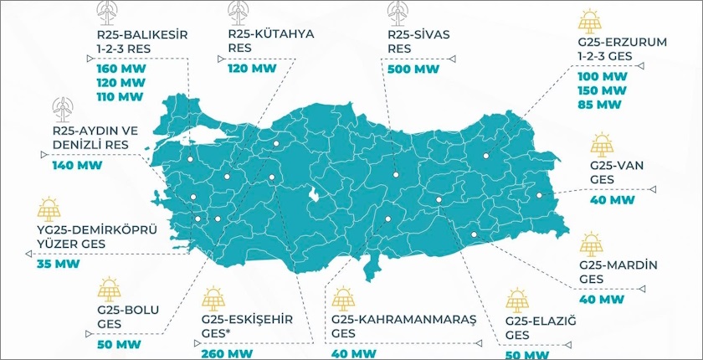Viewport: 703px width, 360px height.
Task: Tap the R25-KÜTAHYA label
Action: click(271, 34)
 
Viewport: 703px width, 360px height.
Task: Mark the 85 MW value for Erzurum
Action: click(599, 105)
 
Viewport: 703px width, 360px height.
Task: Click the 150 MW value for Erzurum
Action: click(602, 90)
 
